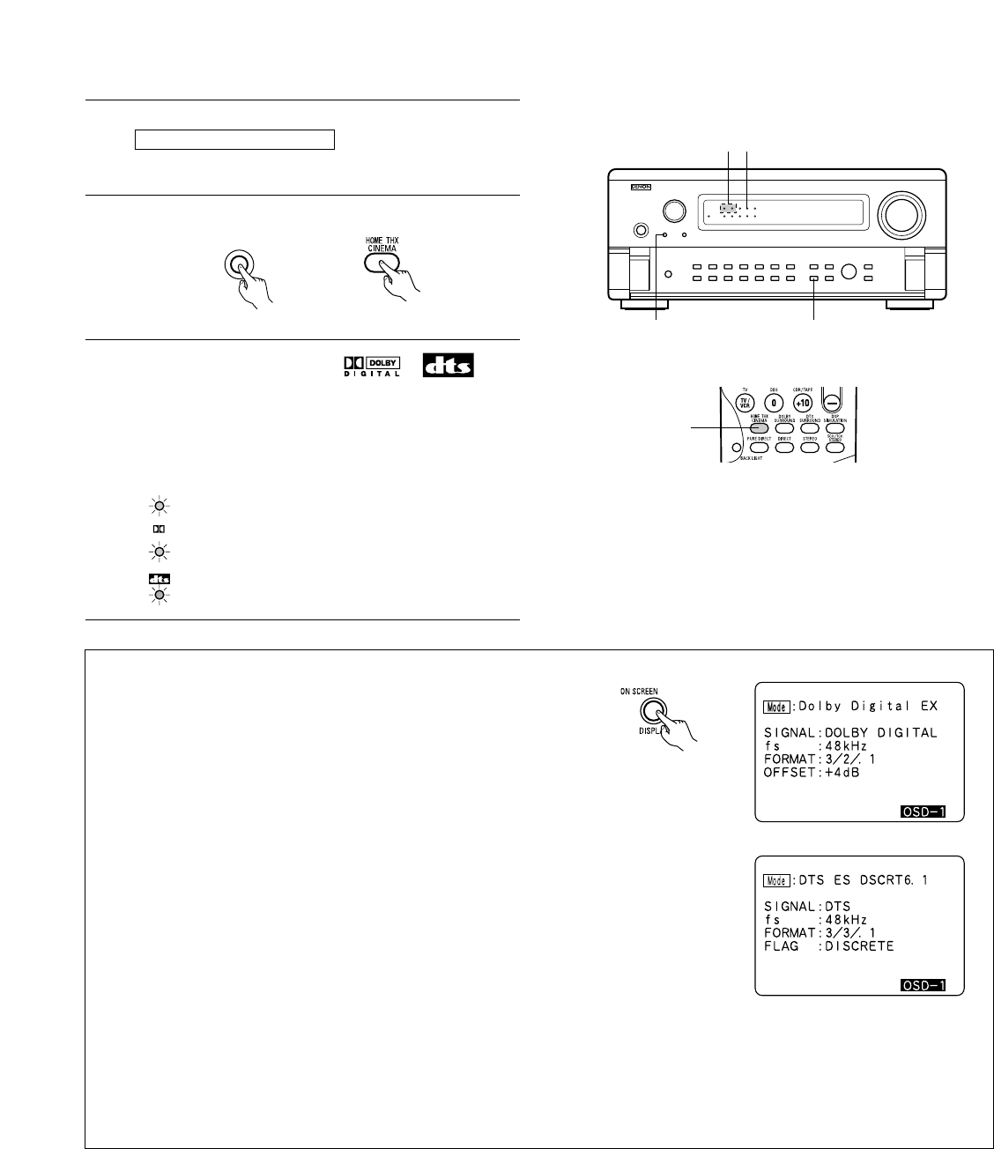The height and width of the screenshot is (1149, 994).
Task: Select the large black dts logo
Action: tap(449, 366)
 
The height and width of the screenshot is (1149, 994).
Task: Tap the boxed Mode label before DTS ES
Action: tap(776, 879)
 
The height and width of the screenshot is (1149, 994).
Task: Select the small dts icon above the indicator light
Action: tap(159, 579)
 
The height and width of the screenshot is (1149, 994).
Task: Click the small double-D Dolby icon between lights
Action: tap(159, 530)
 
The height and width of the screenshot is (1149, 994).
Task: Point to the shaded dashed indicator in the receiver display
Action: tap(728, 210)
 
